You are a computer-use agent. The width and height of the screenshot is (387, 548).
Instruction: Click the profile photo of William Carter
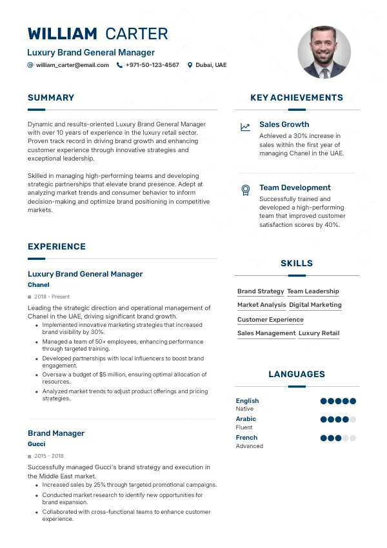[x=324, y=52]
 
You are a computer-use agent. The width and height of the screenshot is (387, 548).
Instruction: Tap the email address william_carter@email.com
[x=72, y=65]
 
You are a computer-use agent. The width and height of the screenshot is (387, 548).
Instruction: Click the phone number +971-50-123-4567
[x=152, y=65]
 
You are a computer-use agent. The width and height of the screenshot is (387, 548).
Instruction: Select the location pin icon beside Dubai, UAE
[x=190, y=65]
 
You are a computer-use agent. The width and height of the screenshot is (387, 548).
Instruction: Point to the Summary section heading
[x=51, y=98]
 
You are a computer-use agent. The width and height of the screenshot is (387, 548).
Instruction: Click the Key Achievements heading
[x=296, y=98]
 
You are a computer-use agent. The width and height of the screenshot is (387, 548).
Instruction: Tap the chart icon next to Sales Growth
[x=245, y=127]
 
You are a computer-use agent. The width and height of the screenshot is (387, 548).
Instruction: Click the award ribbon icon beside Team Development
[x=245, y=190]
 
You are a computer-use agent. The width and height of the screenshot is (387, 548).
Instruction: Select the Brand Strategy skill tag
[x=261, y=291]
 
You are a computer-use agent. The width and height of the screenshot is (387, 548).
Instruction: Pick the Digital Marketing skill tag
[x=315, y=305]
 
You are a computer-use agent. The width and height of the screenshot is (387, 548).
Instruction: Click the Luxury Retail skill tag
[x=319, y=333]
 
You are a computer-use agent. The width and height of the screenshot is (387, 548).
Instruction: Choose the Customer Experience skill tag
[x=270, y=320]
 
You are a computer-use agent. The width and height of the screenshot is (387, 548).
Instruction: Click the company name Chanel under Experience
[x=39, y=285]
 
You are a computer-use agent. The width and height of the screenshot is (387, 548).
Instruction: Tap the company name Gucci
[x=37, y=444]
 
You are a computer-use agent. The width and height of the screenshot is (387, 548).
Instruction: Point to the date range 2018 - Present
[x=52, y=297]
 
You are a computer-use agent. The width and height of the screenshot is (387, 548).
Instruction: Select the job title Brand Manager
[x=56, y=433]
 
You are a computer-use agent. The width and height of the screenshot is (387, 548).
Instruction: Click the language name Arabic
[x=246, y=419]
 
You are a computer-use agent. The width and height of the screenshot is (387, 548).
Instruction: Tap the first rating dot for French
[x=324, y=438]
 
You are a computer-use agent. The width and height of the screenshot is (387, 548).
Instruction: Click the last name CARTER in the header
[x=136, y=34]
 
